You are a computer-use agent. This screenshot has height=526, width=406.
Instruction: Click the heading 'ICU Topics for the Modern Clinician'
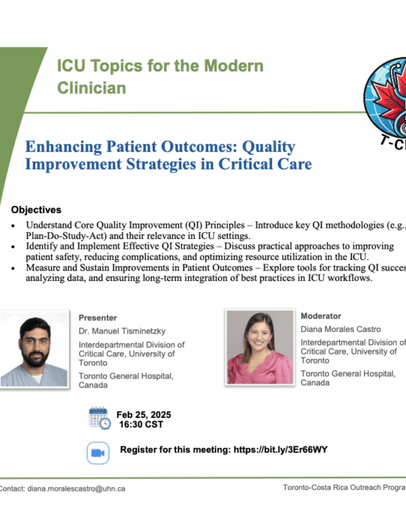160,77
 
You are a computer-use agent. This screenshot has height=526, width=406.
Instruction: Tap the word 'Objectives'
36,210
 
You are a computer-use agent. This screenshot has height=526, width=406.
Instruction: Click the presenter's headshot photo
35,349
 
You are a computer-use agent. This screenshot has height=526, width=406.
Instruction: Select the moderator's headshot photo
259,347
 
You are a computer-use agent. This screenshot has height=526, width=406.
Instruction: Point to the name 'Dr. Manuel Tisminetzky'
122,331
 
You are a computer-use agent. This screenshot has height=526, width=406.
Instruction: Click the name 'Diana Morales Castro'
341,329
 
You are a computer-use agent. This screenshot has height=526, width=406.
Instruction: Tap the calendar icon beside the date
100,418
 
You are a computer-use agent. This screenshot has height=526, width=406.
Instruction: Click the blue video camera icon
98,453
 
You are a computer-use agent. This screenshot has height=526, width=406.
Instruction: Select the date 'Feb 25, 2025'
144,415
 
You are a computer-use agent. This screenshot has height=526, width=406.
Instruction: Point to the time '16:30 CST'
141,425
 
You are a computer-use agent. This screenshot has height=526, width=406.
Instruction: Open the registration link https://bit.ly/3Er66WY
280,450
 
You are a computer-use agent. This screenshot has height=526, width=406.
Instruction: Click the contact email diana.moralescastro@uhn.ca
76,488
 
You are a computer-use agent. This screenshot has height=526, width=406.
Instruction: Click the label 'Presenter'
98,318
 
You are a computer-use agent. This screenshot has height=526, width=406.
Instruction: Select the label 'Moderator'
321,316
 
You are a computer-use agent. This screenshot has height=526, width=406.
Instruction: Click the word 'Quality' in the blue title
268,147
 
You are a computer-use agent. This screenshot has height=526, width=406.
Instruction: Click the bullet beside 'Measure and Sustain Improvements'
13,268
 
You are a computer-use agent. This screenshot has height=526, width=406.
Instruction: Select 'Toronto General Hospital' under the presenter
126,376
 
